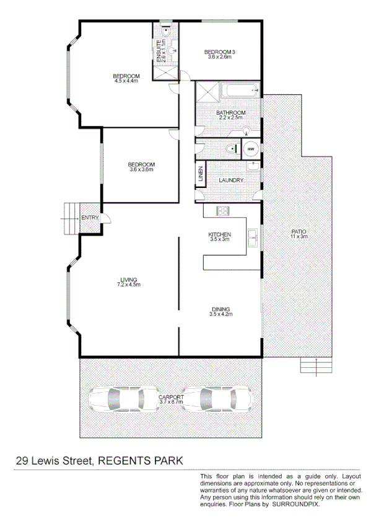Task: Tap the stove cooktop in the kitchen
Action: coord(222,212)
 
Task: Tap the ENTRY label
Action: coord(89,217)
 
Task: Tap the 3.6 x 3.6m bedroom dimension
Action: coord(141,169)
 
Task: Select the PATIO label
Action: coord(299,232)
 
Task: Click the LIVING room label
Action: coord(129,280)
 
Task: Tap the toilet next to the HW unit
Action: coord(230,148)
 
